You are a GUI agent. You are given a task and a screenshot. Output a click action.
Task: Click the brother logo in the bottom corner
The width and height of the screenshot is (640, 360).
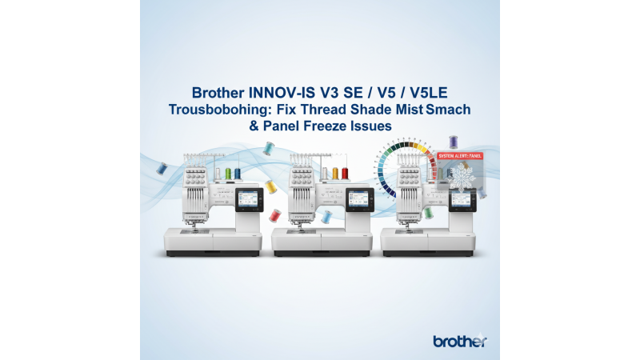(459, 342)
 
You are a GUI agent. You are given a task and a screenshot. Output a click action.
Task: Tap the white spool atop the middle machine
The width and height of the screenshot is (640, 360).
(324, 173)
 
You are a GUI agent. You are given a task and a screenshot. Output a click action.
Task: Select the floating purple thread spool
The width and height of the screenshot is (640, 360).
(454, 142)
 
